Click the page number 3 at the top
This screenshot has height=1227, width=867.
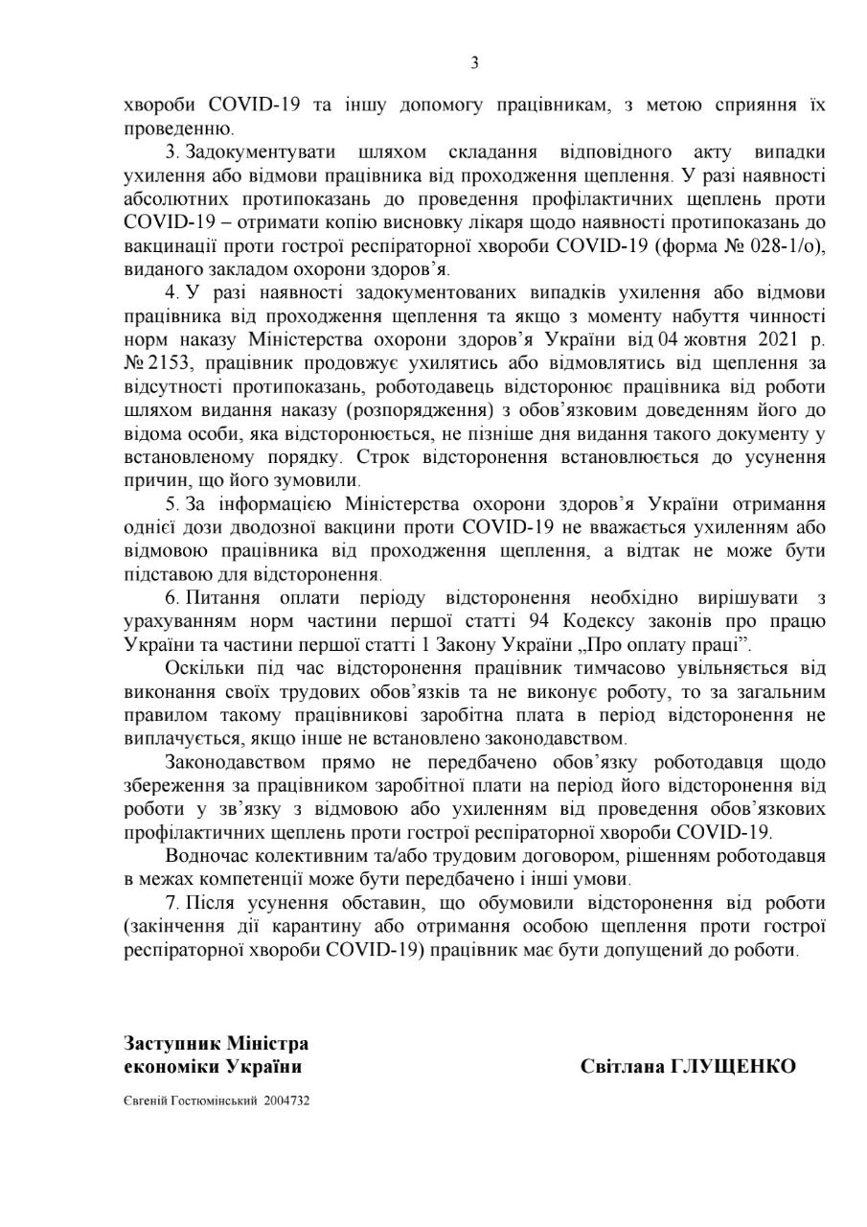(474, 64)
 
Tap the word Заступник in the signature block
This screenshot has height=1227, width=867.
(172, 1043)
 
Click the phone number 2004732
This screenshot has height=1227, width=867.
(288, 1101)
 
